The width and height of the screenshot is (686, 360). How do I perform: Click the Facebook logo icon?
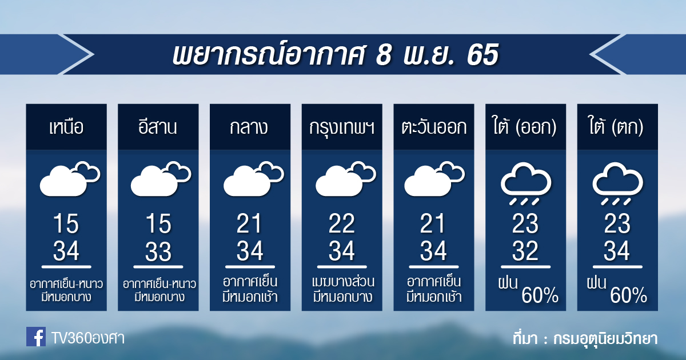[x=36, y=337]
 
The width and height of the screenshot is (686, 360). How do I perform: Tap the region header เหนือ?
[x=66, y=127]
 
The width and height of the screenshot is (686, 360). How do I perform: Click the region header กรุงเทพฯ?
[x=342, y=128]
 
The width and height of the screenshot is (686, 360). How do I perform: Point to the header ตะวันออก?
[x=434, y=127]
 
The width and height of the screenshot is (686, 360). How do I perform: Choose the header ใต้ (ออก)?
[x=525, y=126]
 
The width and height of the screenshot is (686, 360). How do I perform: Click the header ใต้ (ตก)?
[x=616, y=126]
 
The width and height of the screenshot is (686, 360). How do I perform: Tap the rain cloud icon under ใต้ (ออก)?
[x=526, y=183]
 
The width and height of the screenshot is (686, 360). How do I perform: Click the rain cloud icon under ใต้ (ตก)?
[x=618, y=183]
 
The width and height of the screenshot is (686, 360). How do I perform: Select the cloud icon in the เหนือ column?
[x=70, y=179]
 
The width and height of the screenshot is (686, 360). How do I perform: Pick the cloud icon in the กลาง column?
[x=254, y=179]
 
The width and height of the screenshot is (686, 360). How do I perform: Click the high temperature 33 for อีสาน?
[x=158, y=251]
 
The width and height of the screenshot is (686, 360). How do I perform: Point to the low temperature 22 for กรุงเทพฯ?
[x=342, y=223]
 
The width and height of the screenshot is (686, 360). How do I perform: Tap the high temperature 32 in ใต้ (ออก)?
[x=525, y=251]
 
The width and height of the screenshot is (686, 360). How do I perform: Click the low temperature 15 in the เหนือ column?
[x=66, y=223]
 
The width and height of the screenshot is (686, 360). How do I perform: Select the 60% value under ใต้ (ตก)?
[x=628, y=295]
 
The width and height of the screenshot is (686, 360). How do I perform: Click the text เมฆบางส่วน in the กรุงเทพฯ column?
[x=342, y=282]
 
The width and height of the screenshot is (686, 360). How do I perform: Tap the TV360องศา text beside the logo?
[x=88, y=338]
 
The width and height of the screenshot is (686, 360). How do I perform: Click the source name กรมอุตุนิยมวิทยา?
[x=605, y=339]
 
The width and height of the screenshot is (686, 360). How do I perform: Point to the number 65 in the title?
[x=483, y=54]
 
